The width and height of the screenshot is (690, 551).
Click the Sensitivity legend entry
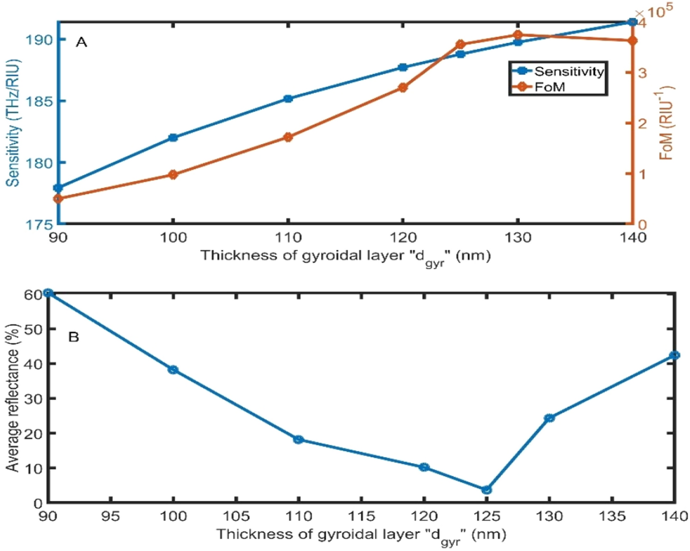click(x=568, y=71)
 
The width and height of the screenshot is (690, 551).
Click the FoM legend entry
click(x=550, y=87)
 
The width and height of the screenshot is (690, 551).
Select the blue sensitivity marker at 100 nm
click(x=173, y=138)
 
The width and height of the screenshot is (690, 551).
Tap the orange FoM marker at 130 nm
click(x=518, y=35)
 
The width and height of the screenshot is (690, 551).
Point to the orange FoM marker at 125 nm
click(x=460, y=45)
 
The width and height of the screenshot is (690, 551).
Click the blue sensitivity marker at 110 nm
click(x=288, y=99)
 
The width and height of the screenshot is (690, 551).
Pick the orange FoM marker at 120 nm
click(x=403, y=88)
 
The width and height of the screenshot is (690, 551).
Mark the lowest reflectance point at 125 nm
click(x=486, y=490)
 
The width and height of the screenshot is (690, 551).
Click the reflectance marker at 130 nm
click(x=549, y=418)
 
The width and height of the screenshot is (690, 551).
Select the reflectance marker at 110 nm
click(x=298, y=440)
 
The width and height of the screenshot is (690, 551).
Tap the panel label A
click(x=82, y=42)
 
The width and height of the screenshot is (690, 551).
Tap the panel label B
click(x=74, y=337)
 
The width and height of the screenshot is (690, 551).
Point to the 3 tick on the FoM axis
click(x=643, y=73)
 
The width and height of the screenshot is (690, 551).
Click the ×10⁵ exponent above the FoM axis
click(x=654, y=12)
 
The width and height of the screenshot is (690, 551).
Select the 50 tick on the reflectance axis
click(x=33, y=329)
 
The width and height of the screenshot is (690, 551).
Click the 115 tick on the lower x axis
click(x=361, y=516)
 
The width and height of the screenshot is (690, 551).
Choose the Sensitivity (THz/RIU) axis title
click(x=14, y=123)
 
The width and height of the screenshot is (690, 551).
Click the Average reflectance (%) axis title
click(x=13, y=397)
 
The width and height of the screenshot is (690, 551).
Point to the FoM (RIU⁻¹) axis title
click(x=666, y=123)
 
